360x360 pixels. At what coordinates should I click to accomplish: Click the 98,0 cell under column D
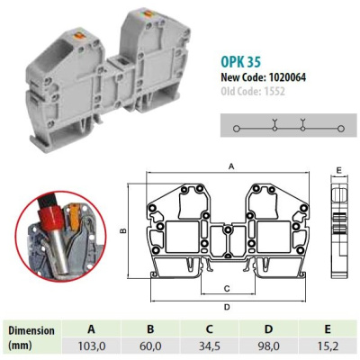click(x=281, y=345)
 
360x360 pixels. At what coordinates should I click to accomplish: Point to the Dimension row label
click(x=34, y=330)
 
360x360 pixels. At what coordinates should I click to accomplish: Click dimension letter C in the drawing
click(x=226, y=289)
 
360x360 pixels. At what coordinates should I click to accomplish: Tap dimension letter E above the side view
click(x=337, y=169)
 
